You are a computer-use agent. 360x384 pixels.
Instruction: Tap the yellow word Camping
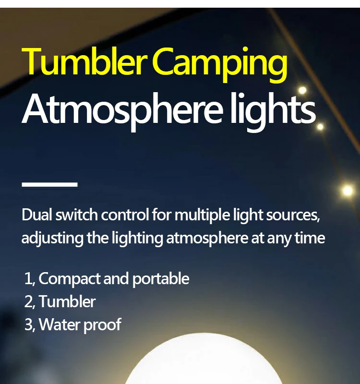point(221,64)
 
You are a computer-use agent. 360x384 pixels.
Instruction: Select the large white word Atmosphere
point(122,110)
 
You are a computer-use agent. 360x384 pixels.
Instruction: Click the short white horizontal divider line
point(49,184)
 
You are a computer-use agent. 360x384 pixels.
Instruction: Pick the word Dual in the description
point(37,215)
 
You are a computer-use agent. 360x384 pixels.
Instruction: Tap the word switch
point(76,215)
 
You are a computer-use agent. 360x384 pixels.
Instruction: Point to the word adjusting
point(52,239)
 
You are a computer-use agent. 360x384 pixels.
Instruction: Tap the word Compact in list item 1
point(70,279)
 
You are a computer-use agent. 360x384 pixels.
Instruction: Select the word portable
point(161,279)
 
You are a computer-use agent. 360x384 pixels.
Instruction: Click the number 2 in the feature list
point(28,302)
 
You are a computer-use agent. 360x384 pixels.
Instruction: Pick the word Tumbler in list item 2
point(67,301)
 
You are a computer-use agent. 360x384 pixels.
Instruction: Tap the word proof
point(102,325)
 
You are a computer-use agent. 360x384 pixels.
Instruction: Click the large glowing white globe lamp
point(204,360)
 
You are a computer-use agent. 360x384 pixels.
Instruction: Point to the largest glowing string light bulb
point(347,190)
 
